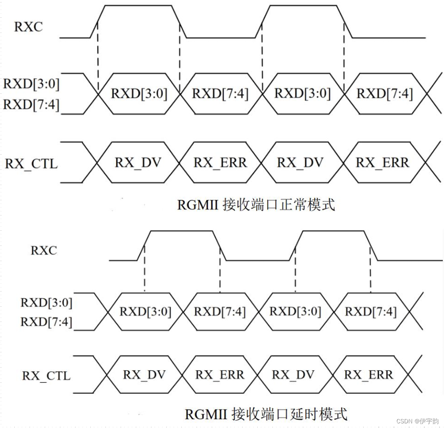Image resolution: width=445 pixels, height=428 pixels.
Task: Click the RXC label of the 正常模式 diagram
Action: (29, 27)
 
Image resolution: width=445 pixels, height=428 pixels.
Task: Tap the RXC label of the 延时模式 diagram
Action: (43, 251)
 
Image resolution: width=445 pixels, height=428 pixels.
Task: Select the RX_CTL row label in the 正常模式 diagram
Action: (31, 164)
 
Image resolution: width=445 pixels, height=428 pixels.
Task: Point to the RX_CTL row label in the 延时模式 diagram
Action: (46, 375)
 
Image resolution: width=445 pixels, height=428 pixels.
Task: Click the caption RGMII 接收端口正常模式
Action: (256, 205)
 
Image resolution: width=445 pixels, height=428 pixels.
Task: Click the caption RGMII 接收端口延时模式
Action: (266, 413)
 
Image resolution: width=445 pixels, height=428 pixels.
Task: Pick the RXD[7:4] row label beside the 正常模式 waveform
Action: (31, 104)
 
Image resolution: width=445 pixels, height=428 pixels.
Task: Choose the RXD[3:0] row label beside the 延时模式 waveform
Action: (46, 303)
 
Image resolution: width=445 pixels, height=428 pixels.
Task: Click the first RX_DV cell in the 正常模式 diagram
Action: (138, 163)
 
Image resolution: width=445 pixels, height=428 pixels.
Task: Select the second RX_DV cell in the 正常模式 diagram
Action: (300, 163)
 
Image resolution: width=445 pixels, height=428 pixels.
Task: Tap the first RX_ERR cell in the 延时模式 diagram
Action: (220, 375)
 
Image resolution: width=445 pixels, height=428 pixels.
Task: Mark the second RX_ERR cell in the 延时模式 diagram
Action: (368, 375)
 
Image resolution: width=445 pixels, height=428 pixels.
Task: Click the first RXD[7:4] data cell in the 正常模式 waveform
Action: (220, 93)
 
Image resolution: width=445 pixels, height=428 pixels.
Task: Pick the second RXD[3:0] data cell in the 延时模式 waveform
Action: (295, 312)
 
